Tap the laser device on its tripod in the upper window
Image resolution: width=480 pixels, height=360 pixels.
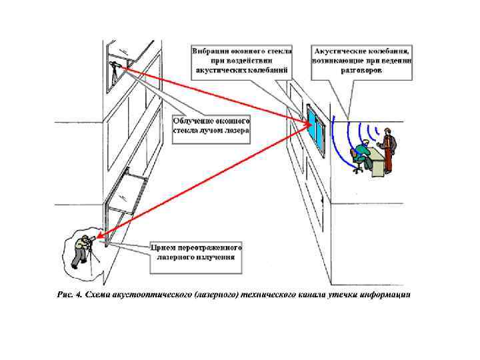[x=116, y=70]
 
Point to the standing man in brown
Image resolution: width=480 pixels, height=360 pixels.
[x=389, y=149]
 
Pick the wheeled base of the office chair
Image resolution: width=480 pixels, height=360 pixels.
[x=358, y=171]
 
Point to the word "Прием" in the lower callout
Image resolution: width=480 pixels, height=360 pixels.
[x=166, y=246]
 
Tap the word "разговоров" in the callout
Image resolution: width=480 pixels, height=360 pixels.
[x=361, y=69]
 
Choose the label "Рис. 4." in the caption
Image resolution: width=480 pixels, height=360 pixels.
[x=69, y=294]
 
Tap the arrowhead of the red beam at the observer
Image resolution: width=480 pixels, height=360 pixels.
[x=99, y=235]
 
